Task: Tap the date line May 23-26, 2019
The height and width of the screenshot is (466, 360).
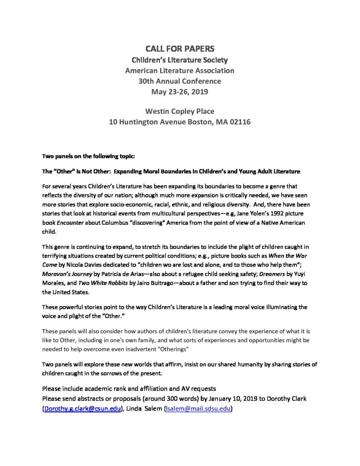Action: click(179, 92)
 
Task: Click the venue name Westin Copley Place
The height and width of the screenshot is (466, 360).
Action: click(179, 111)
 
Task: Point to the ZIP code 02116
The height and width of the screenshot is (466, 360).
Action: click(239, 122)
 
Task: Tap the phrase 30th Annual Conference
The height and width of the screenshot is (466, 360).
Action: click(179, 81)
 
